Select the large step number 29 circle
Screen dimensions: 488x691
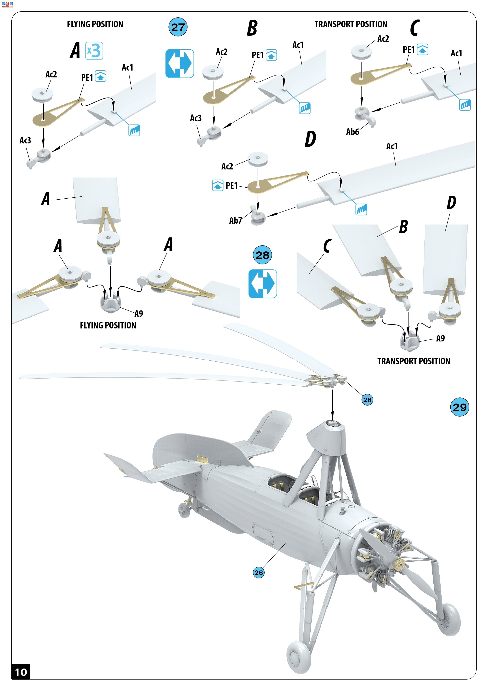pyautogui.click(x=459, y=407)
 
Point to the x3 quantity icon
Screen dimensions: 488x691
pyautogui.click(x=94, y=51)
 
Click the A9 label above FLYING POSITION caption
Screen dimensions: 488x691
pyautogui.click(x=139, y=314)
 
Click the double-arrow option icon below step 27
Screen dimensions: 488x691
pyautogui.click(x=180, y=63)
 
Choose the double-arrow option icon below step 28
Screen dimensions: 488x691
pyautogui.click(x=263, y=284)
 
